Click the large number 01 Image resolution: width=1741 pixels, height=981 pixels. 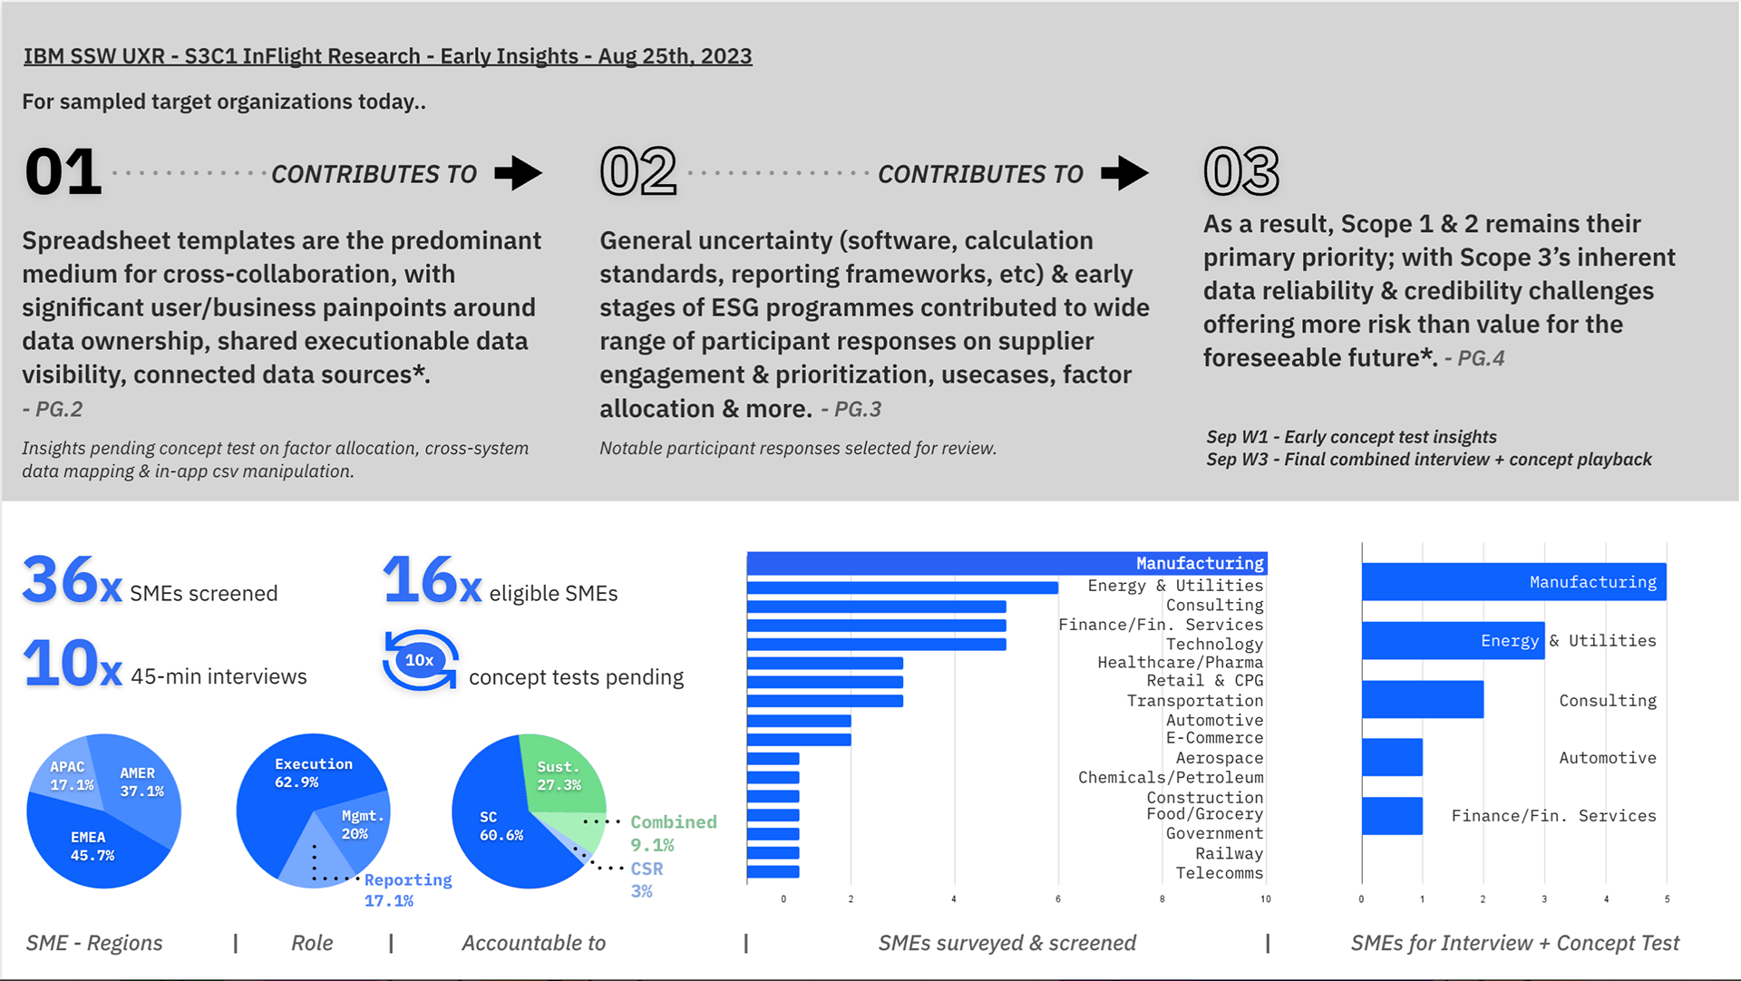tap(63, 171)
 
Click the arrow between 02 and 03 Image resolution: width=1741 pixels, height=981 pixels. tap(1125, 172)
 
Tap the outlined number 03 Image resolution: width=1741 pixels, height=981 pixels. tap(1240, 171)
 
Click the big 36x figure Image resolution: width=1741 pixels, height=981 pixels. tap(72, 580)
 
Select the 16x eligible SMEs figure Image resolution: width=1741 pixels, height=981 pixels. tap(432, 580)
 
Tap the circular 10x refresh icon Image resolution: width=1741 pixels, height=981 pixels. tap(420, 660)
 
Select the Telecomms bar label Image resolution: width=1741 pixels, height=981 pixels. tap(1219, 873)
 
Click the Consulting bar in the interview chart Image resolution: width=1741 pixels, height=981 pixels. tap(1422, 699)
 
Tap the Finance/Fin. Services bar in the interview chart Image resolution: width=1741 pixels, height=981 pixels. tap(1392, 815)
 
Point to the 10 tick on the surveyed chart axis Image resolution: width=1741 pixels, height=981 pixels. tap(1265, 899)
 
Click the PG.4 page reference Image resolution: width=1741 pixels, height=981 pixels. tap(1481, 358)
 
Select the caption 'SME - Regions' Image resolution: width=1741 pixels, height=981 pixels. tap(94, 943)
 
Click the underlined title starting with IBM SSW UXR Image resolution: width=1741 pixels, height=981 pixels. tap(387, 56)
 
